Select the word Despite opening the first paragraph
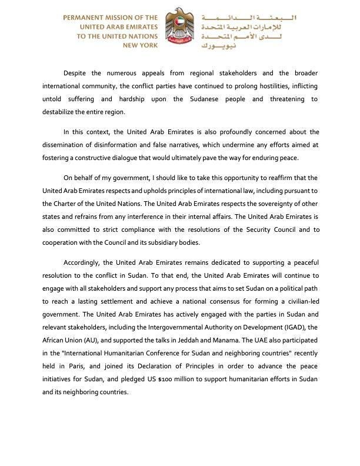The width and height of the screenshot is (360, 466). click(x=76, y=73)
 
